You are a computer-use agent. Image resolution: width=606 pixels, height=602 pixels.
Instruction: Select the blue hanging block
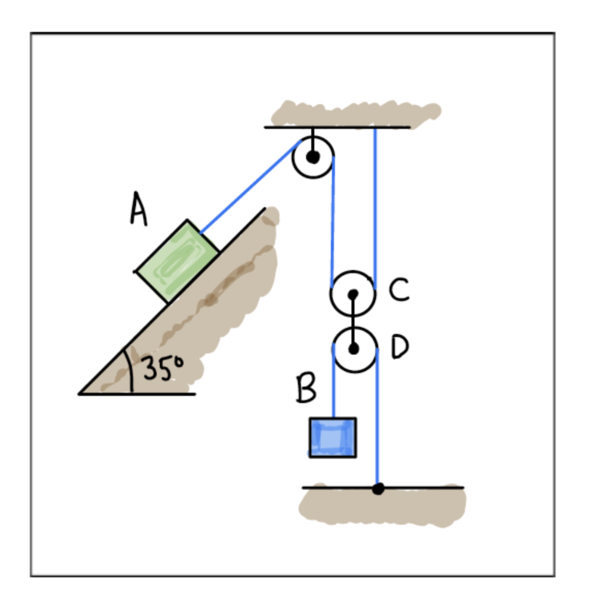point(333,437)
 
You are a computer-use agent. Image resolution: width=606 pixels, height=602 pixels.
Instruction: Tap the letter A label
point(138,209)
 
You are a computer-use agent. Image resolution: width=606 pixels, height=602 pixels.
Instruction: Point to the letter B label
point(306,388)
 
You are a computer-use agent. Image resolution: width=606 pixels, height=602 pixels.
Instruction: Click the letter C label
point(399,289)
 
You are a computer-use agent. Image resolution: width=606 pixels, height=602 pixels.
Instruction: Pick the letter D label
point(399,346)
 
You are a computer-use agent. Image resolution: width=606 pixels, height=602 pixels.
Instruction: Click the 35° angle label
point(163,368)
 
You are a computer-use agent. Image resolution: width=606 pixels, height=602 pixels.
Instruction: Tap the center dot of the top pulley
point(312,157)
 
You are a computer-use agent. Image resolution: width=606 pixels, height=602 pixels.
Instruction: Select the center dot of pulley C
point(353,295)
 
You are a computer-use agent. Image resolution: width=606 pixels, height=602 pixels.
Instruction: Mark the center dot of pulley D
point(353,349)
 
